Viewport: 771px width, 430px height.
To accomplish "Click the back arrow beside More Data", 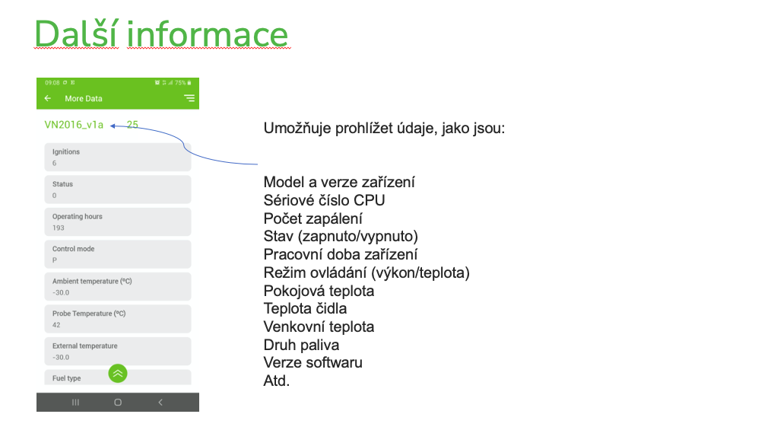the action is (48, 98).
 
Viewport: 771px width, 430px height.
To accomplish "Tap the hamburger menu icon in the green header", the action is (189, 98).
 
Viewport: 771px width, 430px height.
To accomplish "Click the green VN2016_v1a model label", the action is (74, 125).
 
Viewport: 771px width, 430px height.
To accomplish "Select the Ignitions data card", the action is (118, 157).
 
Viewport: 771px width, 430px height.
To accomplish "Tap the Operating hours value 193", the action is (59, 228).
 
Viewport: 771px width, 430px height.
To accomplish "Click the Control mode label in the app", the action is (73, 249).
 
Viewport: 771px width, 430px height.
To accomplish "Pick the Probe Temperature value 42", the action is (56, 325).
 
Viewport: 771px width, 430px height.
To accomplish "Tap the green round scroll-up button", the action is (118, 374).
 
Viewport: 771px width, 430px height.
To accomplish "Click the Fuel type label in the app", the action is (66, 378).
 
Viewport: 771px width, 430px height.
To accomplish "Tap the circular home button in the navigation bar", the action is (118, 402).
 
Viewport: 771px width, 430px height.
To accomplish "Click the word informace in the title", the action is (208, 34).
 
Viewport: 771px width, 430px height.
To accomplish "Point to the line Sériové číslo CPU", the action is (324, 200).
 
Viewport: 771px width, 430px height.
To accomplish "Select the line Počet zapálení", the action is (313, 218).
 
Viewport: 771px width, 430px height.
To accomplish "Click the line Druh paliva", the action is (301, 345).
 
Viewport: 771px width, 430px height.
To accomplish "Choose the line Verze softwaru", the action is (313, 362).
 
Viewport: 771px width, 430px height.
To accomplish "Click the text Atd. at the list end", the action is (276, 381).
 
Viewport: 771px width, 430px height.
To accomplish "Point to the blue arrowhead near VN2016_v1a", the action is (113, 126).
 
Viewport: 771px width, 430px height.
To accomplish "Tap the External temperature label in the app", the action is (85, 346).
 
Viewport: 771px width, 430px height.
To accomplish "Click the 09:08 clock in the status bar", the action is (52, 83).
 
